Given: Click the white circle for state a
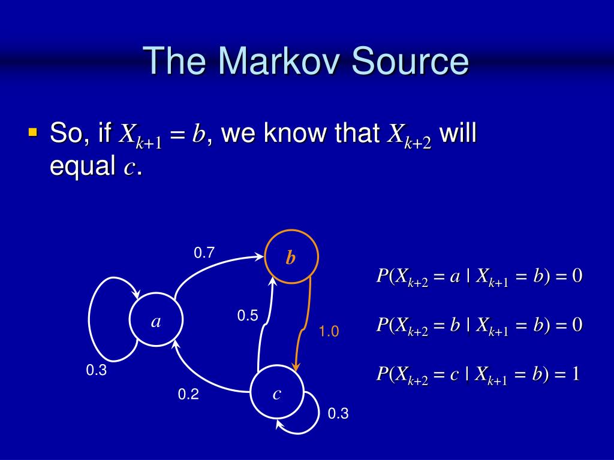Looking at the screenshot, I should (x=156, y=322).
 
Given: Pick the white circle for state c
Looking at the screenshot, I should (x=276, y=393).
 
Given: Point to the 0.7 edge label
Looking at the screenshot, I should (x=204, y=253).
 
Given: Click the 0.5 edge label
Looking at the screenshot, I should (x=247, y=316).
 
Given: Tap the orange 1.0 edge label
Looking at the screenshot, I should (x=329, y=331).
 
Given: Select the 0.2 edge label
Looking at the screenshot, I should (x=188, y=394).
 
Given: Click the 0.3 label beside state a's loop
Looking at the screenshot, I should (x=96, y=371).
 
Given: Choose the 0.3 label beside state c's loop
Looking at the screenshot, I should (x=338, y=413).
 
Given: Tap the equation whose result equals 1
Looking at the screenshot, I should (x=478, y=374).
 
